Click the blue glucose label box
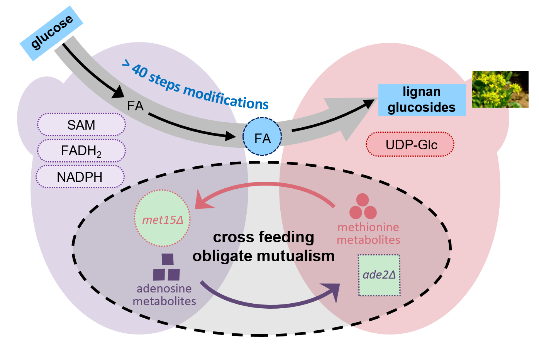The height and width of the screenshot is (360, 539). tap(52, 33)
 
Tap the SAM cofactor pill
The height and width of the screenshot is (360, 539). tap(81, 125)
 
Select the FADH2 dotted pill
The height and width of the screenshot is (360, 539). tap(81, 150)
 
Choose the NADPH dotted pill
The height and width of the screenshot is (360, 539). tap(80, 177)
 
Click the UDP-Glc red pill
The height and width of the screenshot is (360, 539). tap(410, 144)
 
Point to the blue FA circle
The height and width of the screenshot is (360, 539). tap(262, 137)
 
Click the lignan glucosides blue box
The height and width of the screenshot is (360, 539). tap(422, 100)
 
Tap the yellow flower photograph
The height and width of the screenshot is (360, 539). tap(500, 89)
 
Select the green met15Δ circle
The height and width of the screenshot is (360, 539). tap(163, 218)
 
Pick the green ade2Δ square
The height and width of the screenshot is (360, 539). tap(379, 275)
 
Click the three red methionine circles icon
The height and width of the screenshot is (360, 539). tap(363, 207)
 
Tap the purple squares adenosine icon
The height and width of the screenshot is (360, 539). tap(167, 268)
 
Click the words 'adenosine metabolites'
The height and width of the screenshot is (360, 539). tap(164, 295)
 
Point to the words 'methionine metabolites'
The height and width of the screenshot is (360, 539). tap(368, 233)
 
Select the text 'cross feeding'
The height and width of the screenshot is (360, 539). tap(264, 237)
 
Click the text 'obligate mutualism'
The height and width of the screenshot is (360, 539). tap(264, 256)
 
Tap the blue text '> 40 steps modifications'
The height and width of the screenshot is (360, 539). tap(195, 85)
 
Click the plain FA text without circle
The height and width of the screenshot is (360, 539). tap(135, 106)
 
